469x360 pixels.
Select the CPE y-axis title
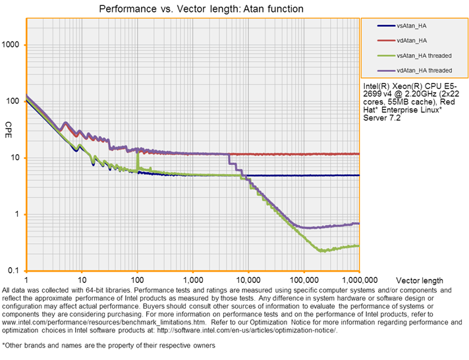coord(9,125)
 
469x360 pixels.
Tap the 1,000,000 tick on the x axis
coord(358,280)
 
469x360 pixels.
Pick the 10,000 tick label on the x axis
coord(248,280)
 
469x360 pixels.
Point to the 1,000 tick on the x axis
coord(193,280)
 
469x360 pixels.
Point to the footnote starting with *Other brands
coord(108,345)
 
